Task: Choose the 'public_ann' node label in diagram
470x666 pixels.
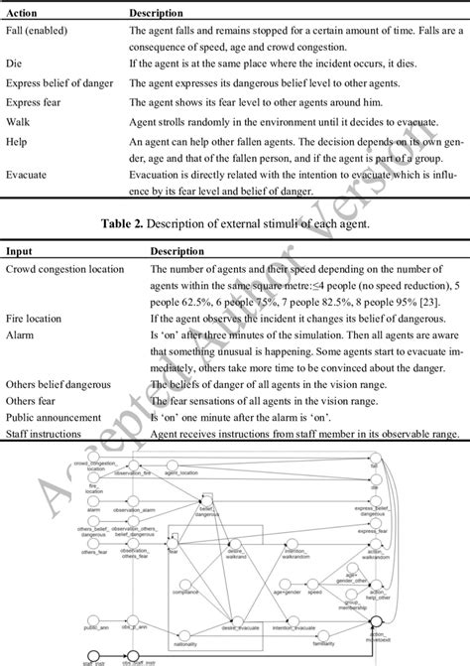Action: (x=95, y=599)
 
